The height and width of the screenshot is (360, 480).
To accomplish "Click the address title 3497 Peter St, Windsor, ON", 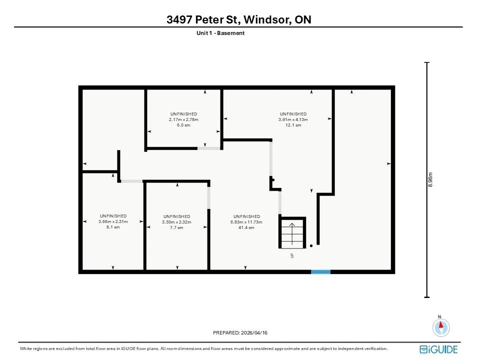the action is (239, 19).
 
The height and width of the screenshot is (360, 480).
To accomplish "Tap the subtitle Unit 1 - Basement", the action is (220, 33).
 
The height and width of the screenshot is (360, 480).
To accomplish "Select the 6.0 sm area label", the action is (183, 125).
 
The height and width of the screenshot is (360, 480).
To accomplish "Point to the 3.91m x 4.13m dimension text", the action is (293, 119).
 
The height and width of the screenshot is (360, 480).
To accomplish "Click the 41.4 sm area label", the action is (246, 228).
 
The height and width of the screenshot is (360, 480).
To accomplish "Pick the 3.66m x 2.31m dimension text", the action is (113, 221).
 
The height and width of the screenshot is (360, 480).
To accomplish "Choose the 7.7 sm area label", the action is (176, 228).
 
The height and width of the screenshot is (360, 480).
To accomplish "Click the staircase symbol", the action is (292, 233).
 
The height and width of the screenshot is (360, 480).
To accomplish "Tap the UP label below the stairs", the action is (292, 255).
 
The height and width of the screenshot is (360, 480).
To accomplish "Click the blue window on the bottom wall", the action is (321, 272).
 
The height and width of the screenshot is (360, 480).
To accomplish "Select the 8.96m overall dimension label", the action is (430, 179).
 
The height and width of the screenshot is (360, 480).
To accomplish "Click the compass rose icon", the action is (441, 327).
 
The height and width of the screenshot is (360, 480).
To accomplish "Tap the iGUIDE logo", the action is (438, 349).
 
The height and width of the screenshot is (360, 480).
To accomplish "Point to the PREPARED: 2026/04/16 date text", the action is (240, 333).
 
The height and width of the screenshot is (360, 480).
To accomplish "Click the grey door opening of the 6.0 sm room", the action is (209, 148).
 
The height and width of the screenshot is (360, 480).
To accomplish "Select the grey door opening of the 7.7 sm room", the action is (209, 198).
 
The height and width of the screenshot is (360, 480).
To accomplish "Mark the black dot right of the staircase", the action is (311, 246).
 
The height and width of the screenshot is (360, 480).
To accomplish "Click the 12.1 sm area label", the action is (293, 125).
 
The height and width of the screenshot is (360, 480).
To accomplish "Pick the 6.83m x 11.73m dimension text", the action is (246, 222).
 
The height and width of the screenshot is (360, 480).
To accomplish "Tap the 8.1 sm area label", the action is (113, 227).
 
